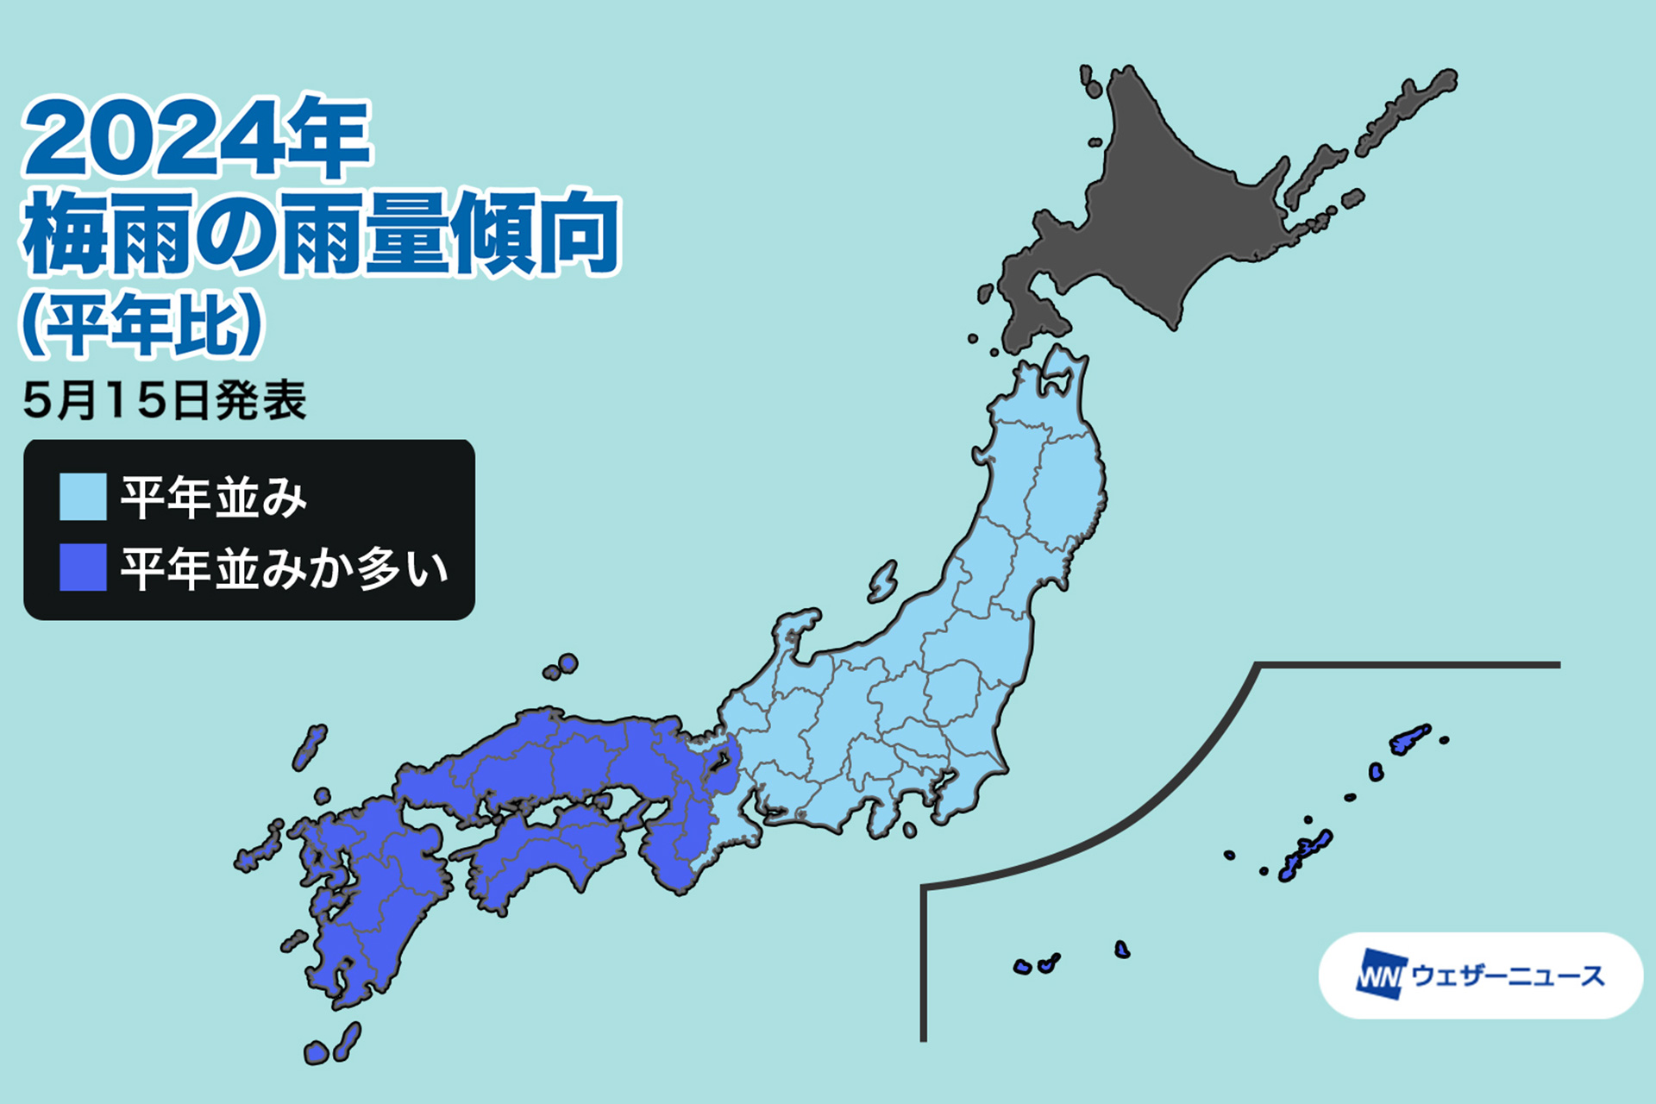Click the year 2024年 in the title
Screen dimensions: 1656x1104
(197, 138)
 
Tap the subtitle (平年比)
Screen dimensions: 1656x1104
(141, 324)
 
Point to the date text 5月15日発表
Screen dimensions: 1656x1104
(165, 401)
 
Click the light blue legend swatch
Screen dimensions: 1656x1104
(83, 497)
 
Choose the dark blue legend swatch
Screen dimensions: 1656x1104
(83, 568)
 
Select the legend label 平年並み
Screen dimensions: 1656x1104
(214, 498)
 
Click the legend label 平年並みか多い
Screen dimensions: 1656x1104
(285, 568)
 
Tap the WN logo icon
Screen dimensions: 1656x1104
(1381, 975)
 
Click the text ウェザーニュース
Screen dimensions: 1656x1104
(1508, 975)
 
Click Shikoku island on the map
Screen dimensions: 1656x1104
(543, 854)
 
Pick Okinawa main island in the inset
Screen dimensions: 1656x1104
(1306, 854)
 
